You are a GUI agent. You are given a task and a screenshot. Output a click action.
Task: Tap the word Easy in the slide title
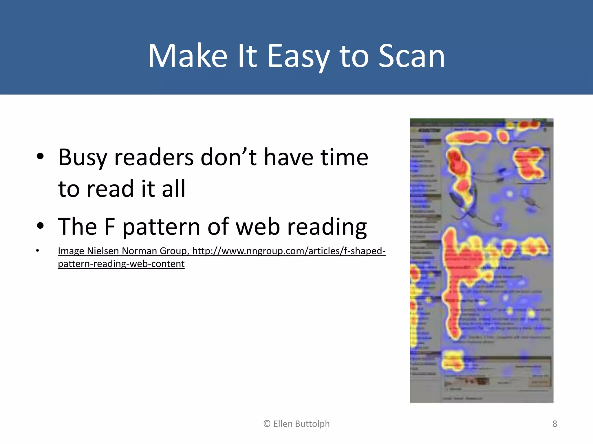click(x=299, y=56)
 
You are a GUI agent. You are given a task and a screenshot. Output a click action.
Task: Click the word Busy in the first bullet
click(x=83, y=158)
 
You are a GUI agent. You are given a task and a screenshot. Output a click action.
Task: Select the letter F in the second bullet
click(x=109, y=227)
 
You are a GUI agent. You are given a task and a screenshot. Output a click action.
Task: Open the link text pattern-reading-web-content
click(x=121, y=264)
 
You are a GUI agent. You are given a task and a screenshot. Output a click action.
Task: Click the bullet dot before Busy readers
click(x=40, y=156)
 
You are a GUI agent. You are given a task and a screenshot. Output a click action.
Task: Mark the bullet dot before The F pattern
click(x=40, y=226)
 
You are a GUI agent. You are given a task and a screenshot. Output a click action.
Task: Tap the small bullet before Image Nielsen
click(x=37, y=251)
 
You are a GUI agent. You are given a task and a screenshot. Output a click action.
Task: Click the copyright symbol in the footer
click(x=267, y=424)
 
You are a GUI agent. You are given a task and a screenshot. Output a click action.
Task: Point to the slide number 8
click(x=554, y=424)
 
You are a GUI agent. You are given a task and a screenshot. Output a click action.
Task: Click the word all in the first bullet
click(x=173, y=189)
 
